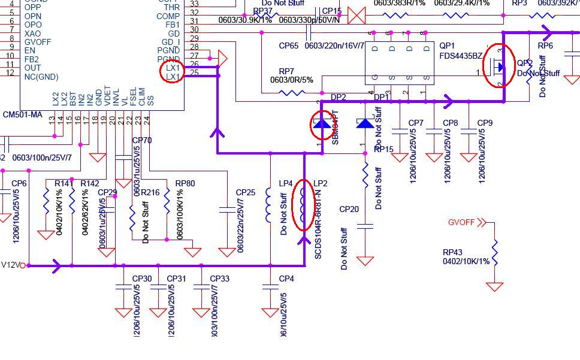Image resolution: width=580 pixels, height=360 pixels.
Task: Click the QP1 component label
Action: (447, 46)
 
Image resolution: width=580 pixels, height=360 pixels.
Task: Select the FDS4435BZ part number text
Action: (461, 56)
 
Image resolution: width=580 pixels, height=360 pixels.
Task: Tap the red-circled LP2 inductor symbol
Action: (303, 205)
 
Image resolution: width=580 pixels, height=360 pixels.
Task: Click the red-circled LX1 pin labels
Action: (172, 72)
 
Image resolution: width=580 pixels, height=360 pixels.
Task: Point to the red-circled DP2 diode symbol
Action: (321, 124)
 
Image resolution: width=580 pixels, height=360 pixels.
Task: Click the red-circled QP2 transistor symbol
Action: (497, 65)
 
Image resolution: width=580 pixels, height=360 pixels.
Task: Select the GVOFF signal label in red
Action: (461, 222)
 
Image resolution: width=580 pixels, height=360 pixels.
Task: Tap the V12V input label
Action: (11, 265)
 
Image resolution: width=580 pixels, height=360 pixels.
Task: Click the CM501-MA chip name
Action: (23, 114)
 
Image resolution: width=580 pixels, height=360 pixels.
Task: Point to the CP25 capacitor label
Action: (246, 192)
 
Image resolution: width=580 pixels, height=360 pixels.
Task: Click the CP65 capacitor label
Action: (289, 46)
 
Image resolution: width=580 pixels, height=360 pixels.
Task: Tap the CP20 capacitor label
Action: (349, 209)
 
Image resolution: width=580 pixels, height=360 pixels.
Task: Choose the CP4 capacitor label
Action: (286, 279)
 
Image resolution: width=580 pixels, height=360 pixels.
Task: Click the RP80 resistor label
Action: (185, 183)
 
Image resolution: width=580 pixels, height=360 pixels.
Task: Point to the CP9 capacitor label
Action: (485, 123)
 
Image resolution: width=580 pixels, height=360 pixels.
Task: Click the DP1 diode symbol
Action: (365, 123)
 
